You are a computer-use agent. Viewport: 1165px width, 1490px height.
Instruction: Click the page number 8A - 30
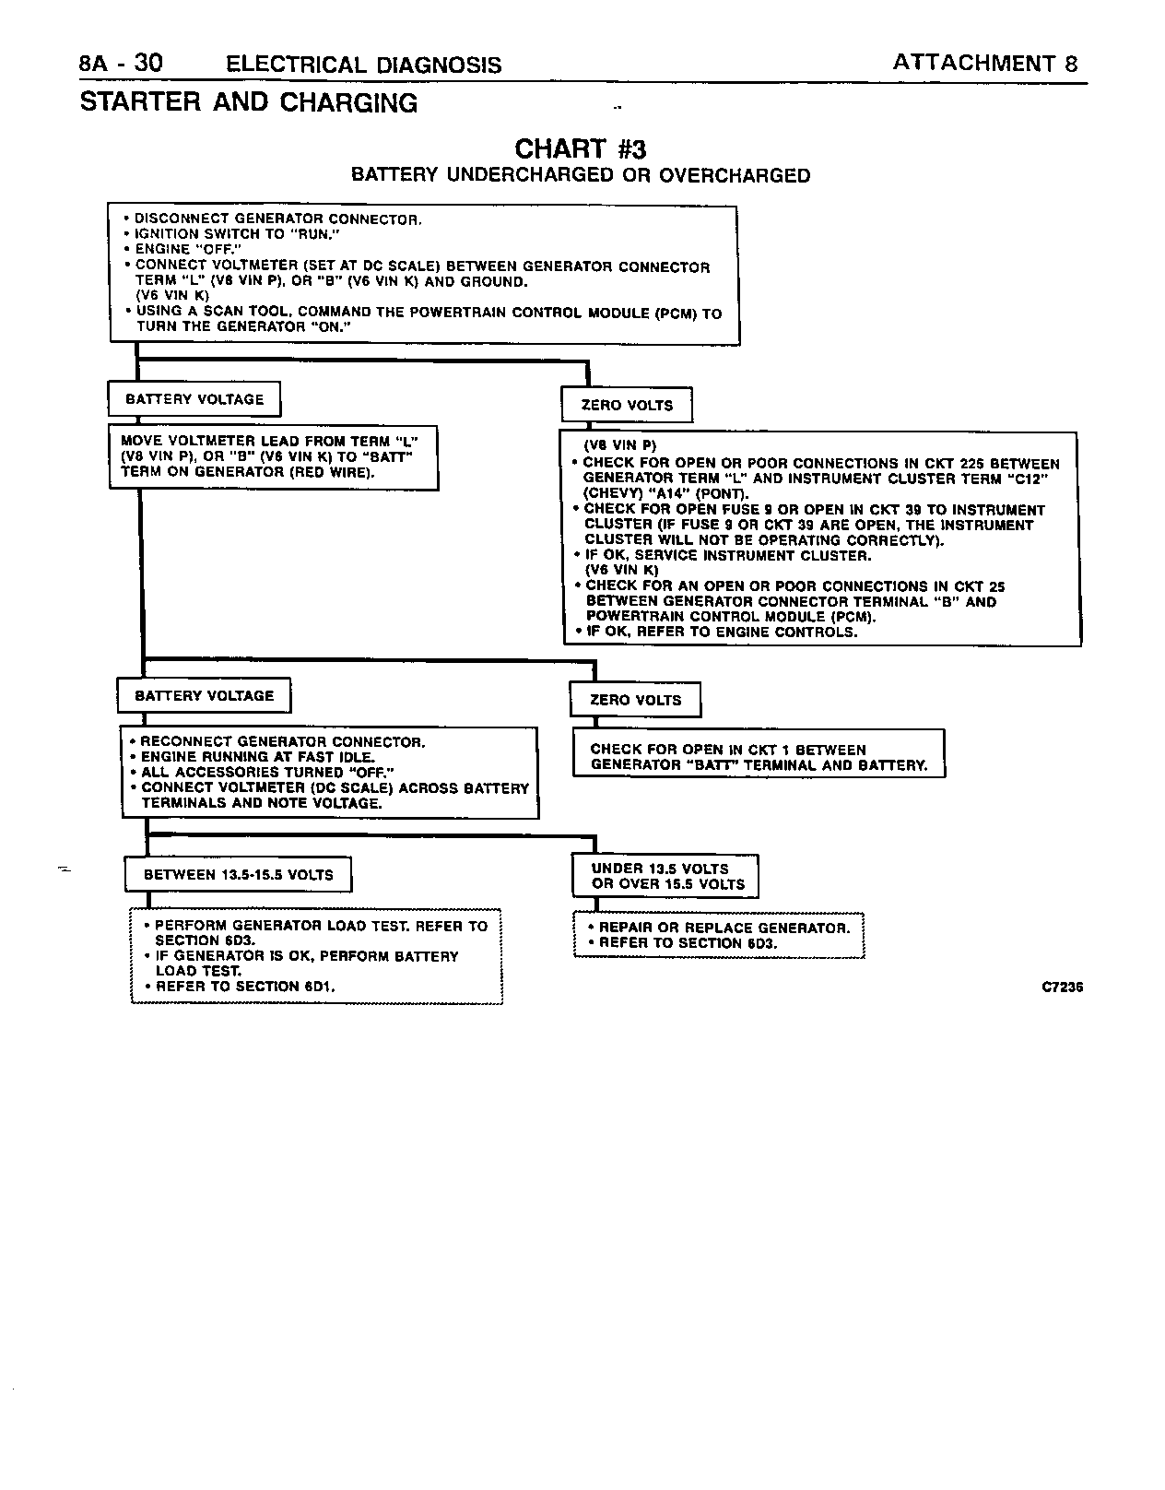click(x=121, y=64)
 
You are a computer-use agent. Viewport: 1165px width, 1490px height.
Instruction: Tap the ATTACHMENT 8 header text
click(x=983, y=63)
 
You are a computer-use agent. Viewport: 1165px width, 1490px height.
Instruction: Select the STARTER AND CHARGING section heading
click(x=249, y=102)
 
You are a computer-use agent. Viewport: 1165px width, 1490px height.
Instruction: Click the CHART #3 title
click(x=581, y=148)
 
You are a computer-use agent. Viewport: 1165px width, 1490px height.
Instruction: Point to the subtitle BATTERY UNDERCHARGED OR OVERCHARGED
click(x=581, y=175)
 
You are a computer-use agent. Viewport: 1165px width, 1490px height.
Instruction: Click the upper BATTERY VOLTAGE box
click(x=194, y=399)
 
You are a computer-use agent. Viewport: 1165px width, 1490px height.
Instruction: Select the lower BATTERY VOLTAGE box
click(x=204, y=696)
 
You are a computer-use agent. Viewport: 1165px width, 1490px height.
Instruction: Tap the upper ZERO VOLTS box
click(x=627, y=405)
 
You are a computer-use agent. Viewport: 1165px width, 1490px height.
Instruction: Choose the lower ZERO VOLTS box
click(x=635, y=700)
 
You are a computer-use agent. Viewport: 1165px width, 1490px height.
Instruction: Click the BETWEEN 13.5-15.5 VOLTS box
click(x=238, y=875)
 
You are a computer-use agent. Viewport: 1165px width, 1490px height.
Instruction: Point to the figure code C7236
click(x=1062, y=987)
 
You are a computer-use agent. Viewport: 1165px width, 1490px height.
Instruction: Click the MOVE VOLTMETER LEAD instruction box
click(x=274, y=456)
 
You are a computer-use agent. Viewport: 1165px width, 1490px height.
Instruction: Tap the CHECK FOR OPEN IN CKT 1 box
click(x=759, y=757)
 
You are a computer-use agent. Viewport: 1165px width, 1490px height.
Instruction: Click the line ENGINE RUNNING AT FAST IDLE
click(x=258, y=757)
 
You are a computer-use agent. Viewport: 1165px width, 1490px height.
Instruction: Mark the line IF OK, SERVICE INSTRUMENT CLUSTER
click(x=728, y=555)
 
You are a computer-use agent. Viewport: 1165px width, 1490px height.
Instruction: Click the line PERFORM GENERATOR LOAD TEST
click(x=321, y=926)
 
